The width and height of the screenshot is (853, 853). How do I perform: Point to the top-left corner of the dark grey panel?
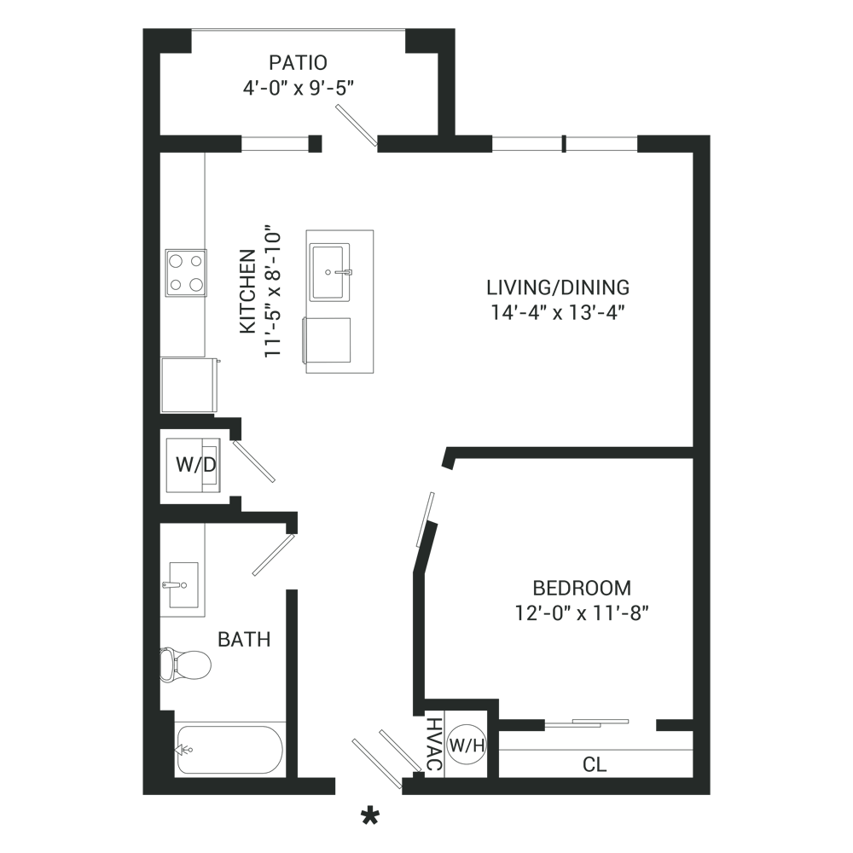pyautogui.click(x=142, y=29)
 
